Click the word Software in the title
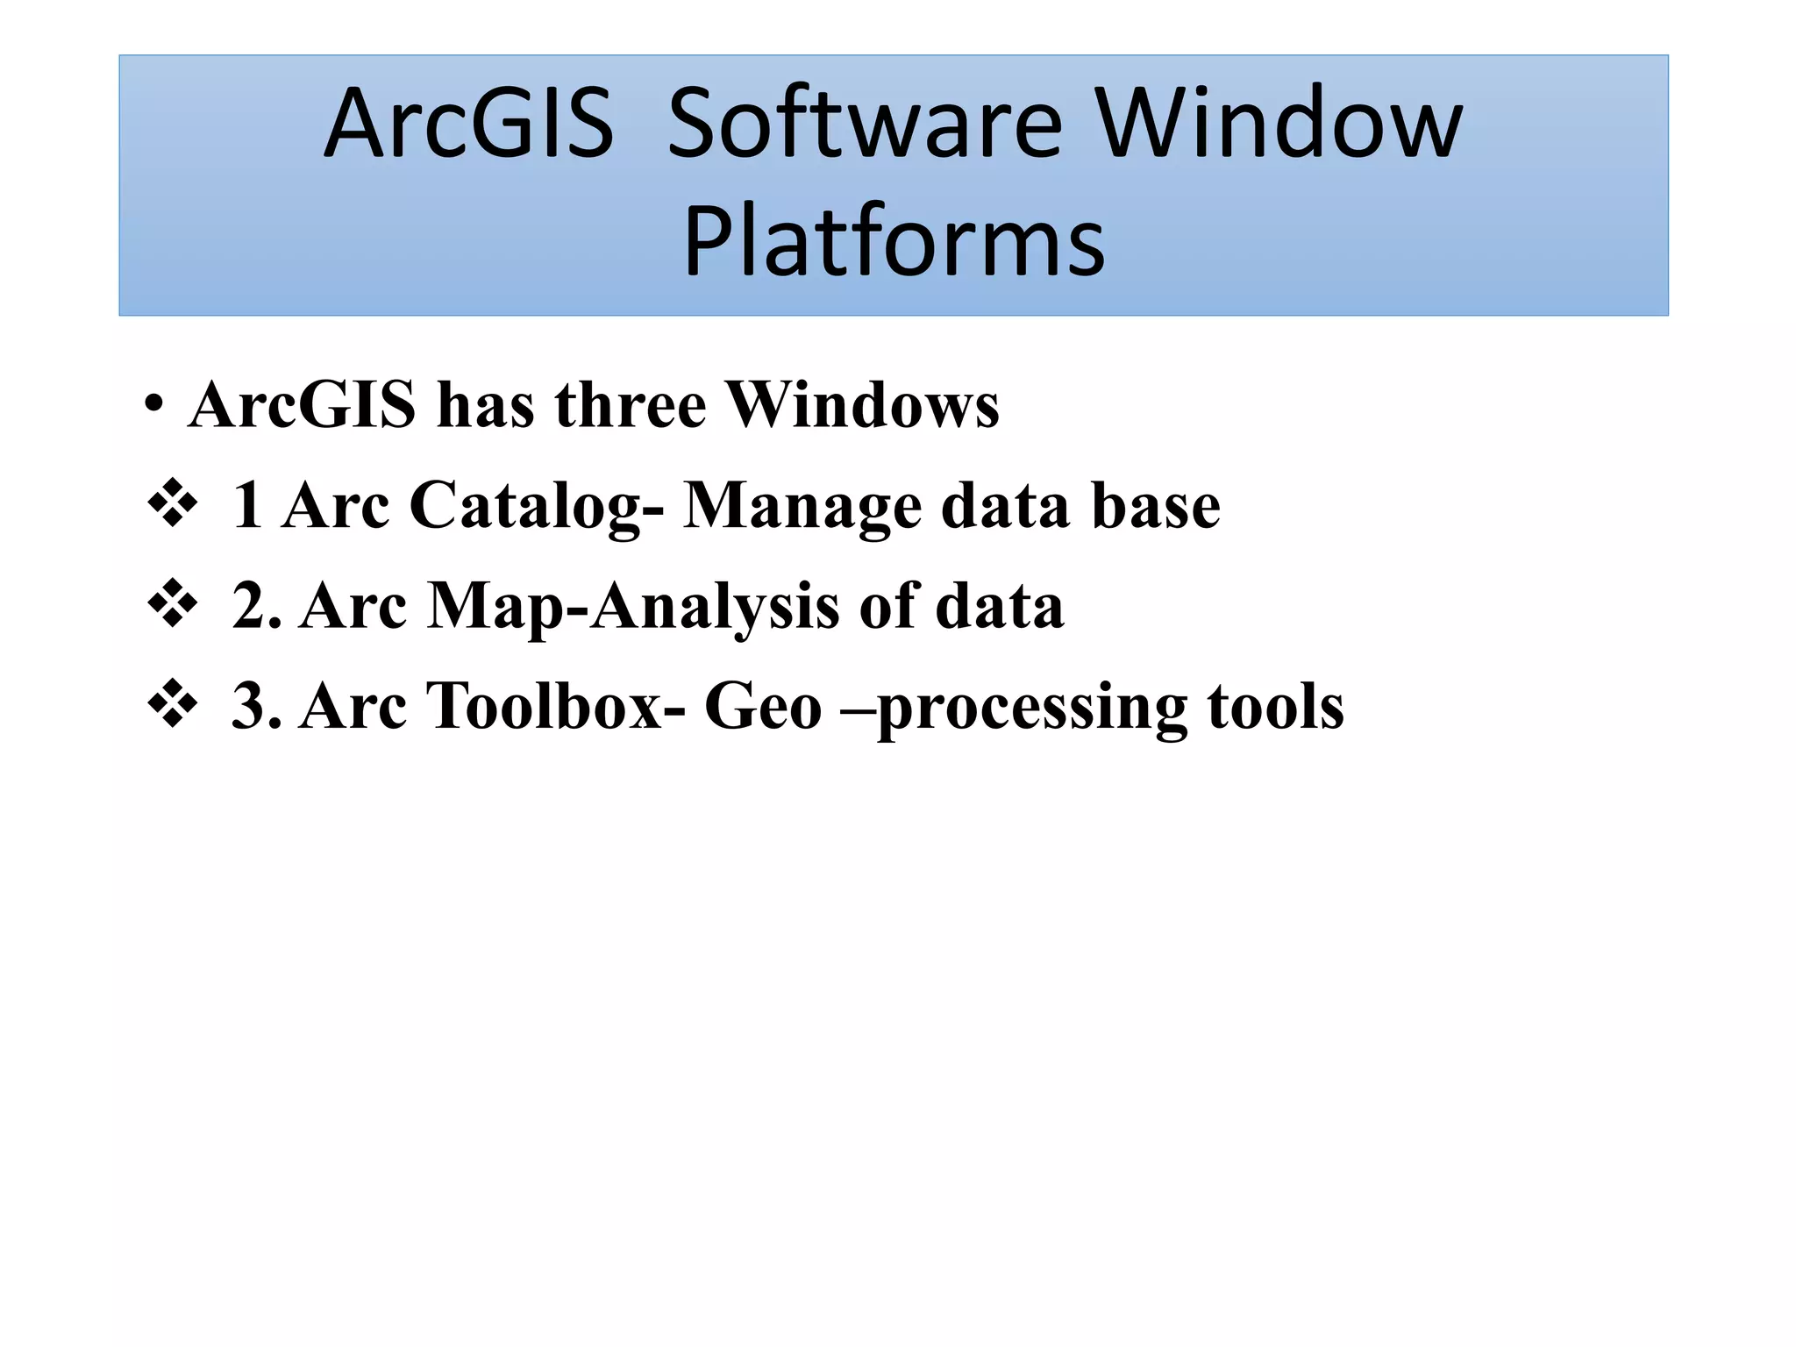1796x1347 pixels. [x=864, y=125]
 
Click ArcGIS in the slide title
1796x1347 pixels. [x=469, y=125]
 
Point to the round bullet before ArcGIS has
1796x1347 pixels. [x=154, y=406]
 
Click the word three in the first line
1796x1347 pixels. [x=630, y=406]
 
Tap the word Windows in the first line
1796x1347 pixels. [x=863, y=406]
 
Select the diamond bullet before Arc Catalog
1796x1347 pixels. [x=173, y=503]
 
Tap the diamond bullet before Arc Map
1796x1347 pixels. [x=173, y=603]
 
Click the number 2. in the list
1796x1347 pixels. [x=256, y=606]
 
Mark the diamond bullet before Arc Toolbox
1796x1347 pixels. [x=173, y=703]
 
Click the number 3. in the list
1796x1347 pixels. [x=256, y=706]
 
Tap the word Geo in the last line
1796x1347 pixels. [x=762, y=706]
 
